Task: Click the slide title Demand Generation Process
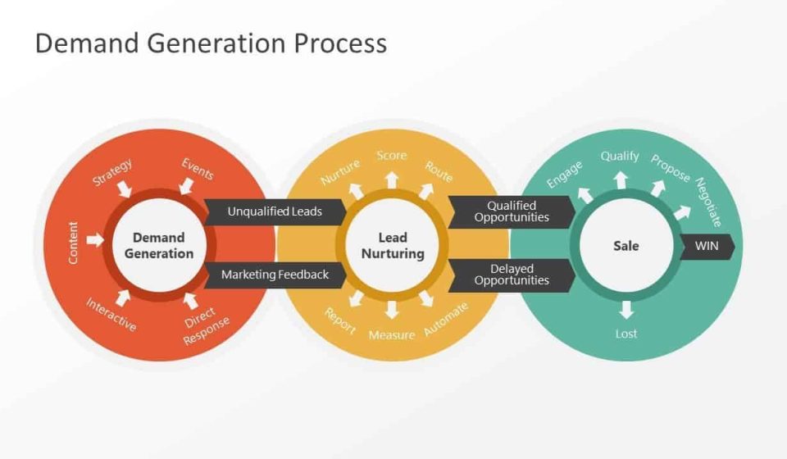pyautogui.click(x=211, y=43)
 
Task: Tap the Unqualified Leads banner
pyautogui.click(x=274, y=211)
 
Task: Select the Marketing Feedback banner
pyautogui.click(x=274, y=275)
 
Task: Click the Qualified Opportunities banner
pyautogui.click(x=511, y=211)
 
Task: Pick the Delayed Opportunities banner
pyautogui.click(x=511, y=275)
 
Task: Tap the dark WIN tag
pyautogui.click(x=707, y=246)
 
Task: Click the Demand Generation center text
pyautogui.click(x=159, y=246)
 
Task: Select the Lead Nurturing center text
pyautogui.click(x=393, y=246)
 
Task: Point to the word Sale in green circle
pyautogui.click(x=626, y=246)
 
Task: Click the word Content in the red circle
pyautogui.click(x=74, y=243)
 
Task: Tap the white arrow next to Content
pyautogui.click(x=96, y=240)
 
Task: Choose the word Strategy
pyautogui.click(x=112, y=173)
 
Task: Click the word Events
pyautogui.click(x=198, y=168)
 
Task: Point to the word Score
pyautogui.click(x=392, y=156)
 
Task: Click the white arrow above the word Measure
pyautogui.click(x=392, y=309)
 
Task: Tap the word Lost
pyautogui.click(x=626, y=334)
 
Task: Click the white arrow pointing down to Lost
pyautogui.click(x=626, y=310)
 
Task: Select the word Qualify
pyautogui.click(x=620, y=156)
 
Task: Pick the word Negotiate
pyautogui.click(x=708, y=202)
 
